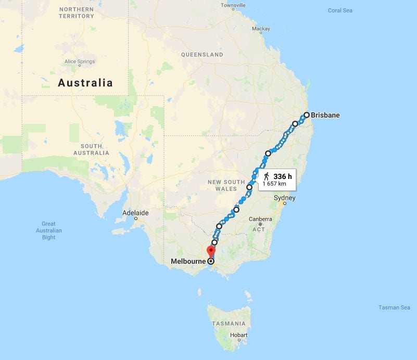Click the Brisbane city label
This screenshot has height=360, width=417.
325,115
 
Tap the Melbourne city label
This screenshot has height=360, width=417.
188,261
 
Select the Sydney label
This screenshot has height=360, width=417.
285,198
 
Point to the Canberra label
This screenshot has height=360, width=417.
260,219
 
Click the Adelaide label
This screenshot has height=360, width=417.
135,213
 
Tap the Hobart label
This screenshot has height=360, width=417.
238,335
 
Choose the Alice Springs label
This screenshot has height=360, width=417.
79,61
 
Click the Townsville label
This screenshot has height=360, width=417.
233,5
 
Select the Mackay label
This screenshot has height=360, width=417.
261,29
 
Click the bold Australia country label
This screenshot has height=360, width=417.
85,83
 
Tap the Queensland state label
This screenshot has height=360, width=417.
202,55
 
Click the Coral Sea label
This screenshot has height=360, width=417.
340,10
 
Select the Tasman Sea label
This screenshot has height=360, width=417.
394,307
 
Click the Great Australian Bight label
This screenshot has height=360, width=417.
49,230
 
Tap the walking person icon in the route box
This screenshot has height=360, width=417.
266,176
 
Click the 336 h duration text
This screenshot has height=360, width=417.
283,176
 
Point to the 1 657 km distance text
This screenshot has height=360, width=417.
274,184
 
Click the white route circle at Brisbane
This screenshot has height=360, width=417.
307,115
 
